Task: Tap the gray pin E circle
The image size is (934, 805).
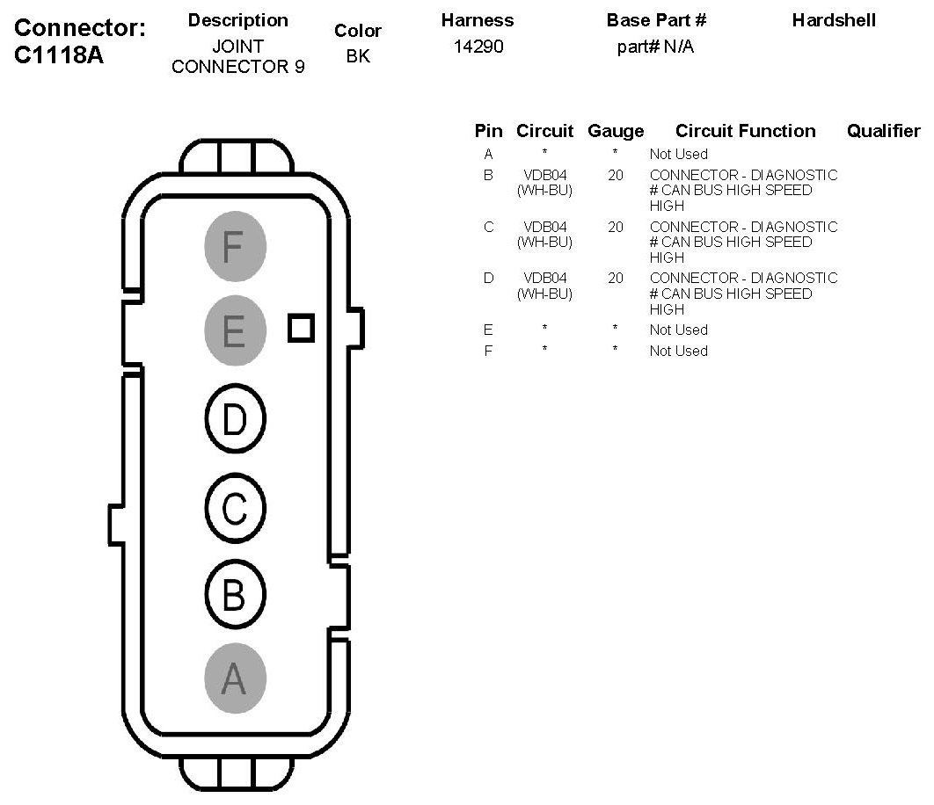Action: click(x=235, y=331)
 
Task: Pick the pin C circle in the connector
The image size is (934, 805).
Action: click(x=235, y=508)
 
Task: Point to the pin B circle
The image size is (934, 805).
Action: click(x=235, y=595)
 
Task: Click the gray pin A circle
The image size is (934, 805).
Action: click(x=235, y=678)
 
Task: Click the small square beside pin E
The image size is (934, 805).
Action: click(x=301, y=328)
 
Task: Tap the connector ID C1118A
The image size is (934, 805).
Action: click(x=59, y=54)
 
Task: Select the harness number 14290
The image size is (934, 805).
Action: click(x=478, y=47)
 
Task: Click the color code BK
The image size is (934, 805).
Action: click(x=358, y=57)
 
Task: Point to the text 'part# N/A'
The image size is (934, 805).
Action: click(x=655, y=47)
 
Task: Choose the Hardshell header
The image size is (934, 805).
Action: click(x=834, y=20)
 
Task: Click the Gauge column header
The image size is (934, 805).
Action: click(x=616, y=131)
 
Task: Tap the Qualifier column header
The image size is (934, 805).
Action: click(x=883, y=131)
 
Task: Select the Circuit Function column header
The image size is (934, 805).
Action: click(x=745, y=131)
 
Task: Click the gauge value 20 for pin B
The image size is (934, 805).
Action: click(x=616, y=175)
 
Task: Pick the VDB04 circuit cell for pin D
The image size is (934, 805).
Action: click(x=544, y=286)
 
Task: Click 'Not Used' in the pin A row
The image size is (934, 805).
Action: click(x=678, y=154)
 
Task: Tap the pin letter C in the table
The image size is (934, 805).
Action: click(x=489, y=227)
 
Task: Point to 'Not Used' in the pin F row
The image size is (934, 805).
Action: click(x=678, y=351)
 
